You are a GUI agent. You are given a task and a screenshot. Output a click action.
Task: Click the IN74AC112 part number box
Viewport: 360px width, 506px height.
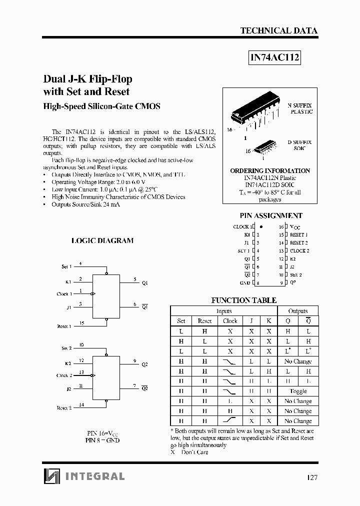275,57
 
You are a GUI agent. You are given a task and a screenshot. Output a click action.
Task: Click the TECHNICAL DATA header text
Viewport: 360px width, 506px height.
278,30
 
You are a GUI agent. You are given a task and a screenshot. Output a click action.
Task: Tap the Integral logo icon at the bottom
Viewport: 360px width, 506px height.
51,475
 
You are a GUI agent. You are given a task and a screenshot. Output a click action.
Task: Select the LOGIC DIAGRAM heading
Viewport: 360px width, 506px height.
102,240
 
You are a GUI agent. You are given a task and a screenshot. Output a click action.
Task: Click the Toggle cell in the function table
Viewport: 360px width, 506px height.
298,391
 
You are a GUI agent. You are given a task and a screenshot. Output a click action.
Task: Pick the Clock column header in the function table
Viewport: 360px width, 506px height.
230,321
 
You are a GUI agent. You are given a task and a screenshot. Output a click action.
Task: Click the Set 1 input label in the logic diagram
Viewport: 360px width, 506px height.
66,267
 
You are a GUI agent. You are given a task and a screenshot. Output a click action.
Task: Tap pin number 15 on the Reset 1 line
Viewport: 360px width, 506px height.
82,323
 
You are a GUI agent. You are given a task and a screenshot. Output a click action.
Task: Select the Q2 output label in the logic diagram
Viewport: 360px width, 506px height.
144,364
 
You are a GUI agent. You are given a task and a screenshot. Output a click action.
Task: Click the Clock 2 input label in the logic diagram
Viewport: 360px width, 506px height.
64,375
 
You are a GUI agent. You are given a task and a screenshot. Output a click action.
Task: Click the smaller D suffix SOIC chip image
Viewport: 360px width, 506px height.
263,147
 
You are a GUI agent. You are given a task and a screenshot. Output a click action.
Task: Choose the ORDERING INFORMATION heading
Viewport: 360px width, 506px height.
270,170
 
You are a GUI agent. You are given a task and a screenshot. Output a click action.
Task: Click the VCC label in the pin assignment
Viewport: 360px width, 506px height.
295,226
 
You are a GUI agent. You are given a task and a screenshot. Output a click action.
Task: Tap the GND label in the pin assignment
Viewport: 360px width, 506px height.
245,283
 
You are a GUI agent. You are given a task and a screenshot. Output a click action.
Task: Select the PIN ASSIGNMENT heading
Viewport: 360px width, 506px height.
271,215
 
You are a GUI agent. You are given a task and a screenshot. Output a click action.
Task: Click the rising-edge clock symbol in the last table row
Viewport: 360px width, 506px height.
230,421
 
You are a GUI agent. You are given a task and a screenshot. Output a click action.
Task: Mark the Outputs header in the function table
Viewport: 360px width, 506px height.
298,311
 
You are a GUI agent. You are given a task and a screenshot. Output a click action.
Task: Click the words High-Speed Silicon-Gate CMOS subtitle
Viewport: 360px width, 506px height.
102,106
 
